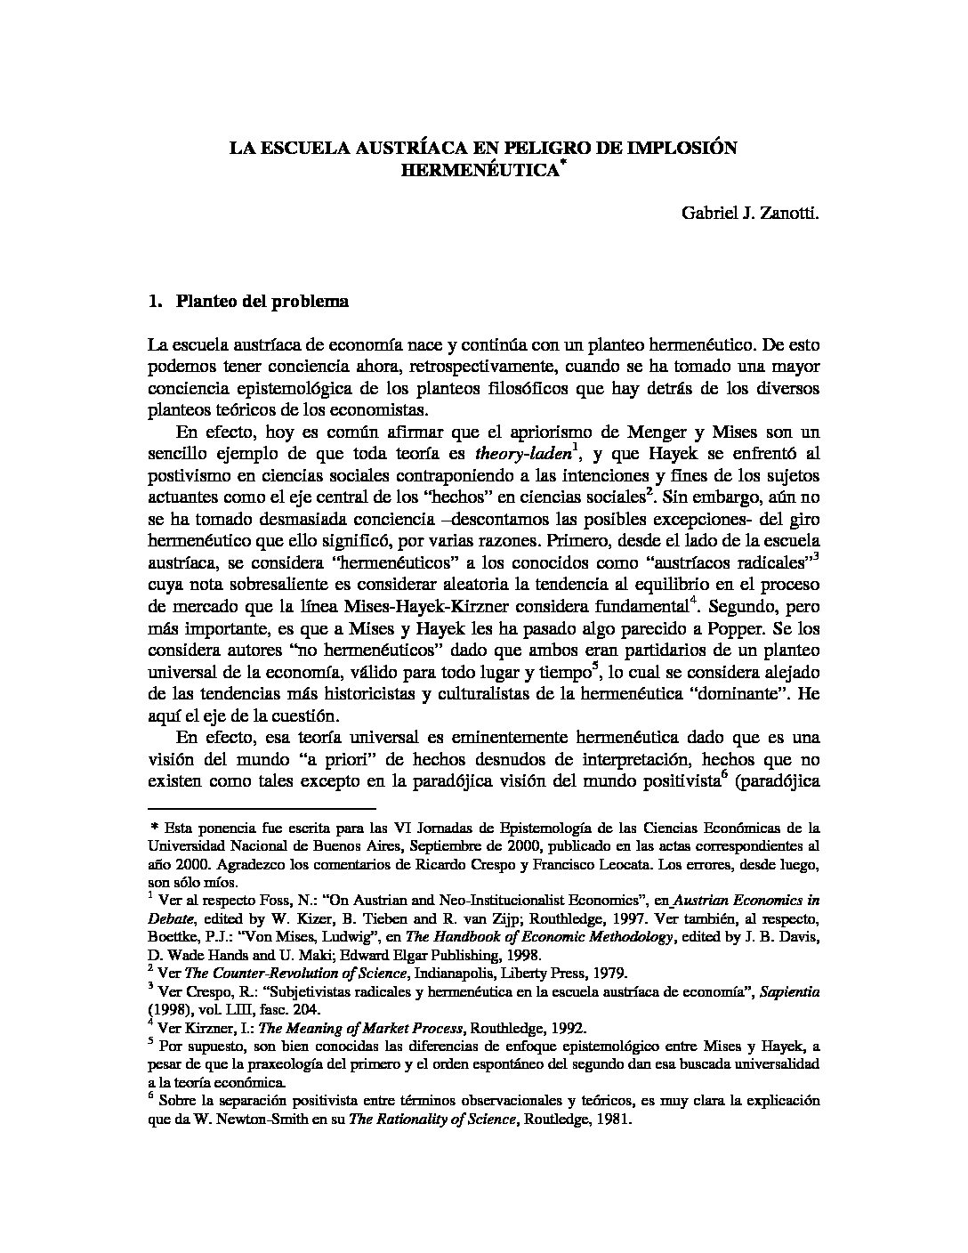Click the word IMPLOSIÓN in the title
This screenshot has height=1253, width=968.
[680, 148]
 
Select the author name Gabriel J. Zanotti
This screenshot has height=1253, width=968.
[750, 214]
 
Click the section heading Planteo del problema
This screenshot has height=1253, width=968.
[262, 301]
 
